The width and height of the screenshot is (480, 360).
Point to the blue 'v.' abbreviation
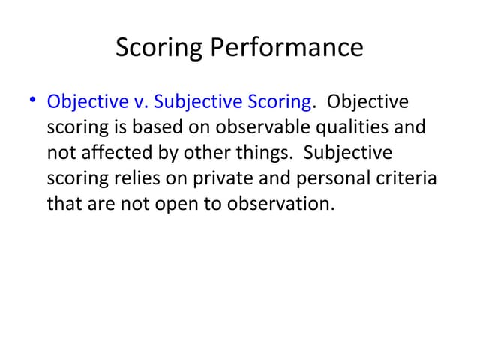pyautogui.click(x=137, y=101)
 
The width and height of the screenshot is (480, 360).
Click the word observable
pyautogui.click(x=250, y=127)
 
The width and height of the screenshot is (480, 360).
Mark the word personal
pyautogui.click(x=319, y=178)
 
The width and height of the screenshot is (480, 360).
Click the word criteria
pyautogui.click(x=404, y=178)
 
